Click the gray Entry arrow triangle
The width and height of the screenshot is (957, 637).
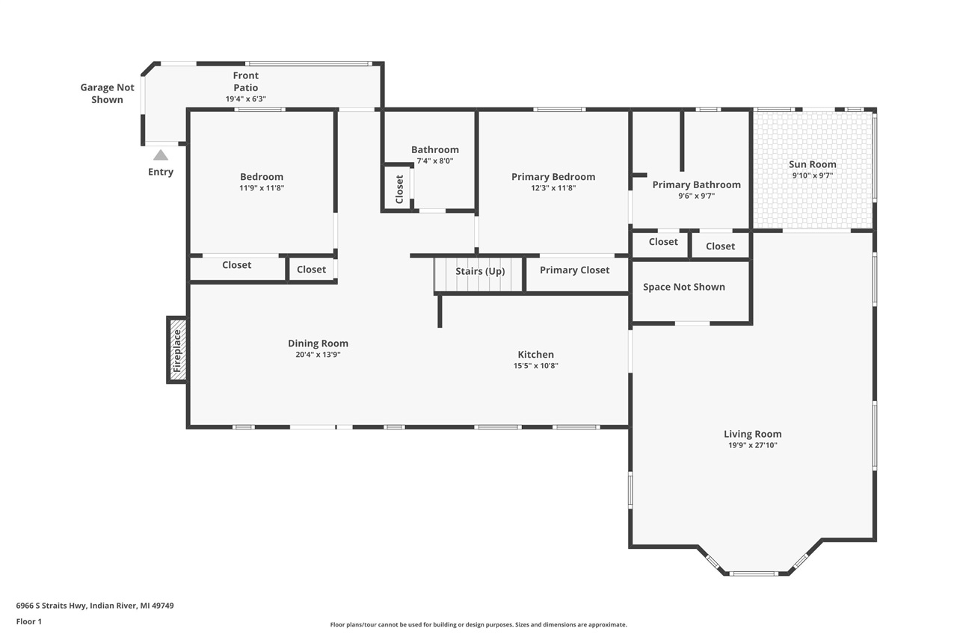pos(161,155)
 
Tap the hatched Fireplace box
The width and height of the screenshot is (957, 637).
pos(177,350)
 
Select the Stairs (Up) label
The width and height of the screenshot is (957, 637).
pos(480,271)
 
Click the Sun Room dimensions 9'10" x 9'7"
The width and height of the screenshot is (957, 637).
pos(813,175)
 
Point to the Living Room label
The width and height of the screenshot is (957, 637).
pos(752,434)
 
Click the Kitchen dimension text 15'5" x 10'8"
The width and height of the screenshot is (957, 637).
pos(535,366)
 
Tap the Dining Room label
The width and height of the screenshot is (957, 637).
pos(318,344)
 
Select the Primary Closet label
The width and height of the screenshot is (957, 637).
pos(574,270)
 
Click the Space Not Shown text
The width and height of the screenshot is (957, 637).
pos(683,287)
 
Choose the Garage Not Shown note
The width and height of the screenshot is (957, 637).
pos(108,93)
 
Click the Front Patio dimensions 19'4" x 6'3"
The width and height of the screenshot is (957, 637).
pos(246,99)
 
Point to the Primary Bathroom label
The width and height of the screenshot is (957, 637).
pos(696,184)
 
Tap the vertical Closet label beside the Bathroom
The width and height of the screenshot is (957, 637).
pos(399,189)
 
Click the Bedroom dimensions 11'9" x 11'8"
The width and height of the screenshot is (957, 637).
pos(262,188)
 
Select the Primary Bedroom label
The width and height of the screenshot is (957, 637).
pos(553,177)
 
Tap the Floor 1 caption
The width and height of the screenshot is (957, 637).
pos(29,621)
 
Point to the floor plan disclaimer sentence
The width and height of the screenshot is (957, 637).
pos(478,624)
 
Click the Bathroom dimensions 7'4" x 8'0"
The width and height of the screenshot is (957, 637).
pos(435,161)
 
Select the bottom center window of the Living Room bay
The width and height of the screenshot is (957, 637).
pos(754,574)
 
